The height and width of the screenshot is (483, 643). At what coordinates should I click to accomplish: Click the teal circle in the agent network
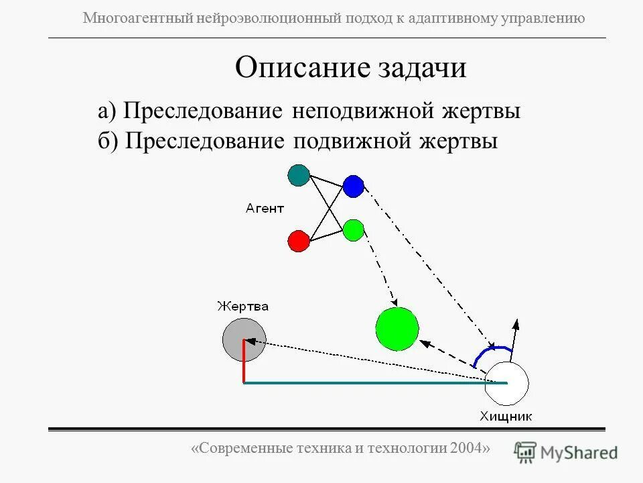[x=299, y=175]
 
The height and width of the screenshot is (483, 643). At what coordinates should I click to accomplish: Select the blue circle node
[x=353, y=185]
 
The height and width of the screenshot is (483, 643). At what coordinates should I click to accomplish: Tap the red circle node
[x=298, y=240]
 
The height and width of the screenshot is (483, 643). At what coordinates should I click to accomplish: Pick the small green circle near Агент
[x=353, y=230]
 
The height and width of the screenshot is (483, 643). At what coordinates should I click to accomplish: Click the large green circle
[x=397, y=329]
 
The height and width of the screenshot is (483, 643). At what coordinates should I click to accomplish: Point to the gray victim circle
[x=244, y=338]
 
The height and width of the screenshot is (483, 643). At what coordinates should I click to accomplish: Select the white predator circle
[x=507, y=382]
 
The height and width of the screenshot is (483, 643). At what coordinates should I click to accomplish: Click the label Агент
[x=265, y=209]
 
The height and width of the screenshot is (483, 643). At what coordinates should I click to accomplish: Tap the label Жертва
[x=242, y=307]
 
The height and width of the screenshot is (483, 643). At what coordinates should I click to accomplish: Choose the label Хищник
[x=506, y=416]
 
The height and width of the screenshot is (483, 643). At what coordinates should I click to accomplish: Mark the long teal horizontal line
[x=375, y=382]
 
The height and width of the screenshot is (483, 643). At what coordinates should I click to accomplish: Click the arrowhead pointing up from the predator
[x=516, y=323]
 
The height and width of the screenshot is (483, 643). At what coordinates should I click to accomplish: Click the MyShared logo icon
[x=526, y=451]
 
